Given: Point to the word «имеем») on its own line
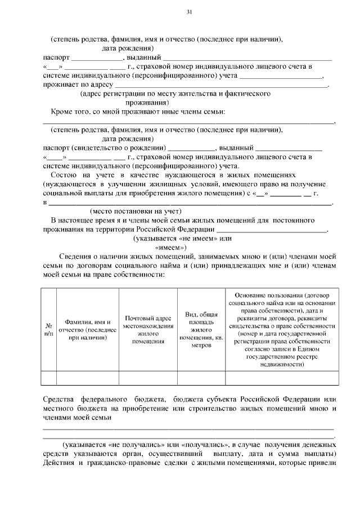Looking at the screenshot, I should [170, 247].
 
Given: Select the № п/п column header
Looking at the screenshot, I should [49, 329].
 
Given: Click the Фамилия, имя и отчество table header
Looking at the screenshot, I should [87, 329].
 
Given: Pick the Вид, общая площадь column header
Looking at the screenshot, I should [201, 329].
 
